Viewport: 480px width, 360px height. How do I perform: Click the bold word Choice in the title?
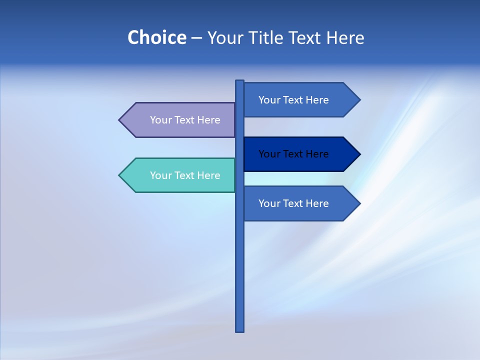[x=156, y=37]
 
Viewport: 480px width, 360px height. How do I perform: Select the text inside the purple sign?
[x=185, y=120]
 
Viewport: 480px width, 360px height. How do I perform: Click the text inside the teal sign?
[x=185, y=175]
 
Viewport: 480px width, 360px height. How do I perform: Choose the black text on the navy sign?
[x=293, y=154]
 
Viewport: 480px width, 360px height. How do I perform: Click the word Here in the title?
[x=345, y=37]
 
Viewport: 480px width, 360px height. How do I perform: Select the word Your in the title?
[x=224, y=37]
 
